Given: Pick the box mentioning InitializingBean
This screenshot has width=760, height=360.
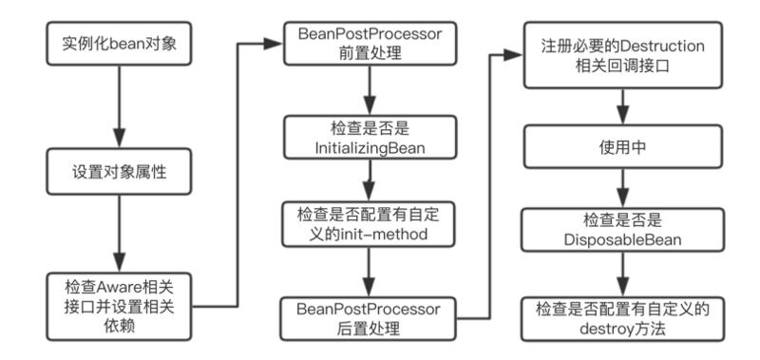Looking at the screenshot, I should tap(368, 139).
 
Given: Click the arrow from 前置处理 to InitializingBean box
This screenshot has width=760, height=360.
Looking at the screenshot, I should tap(368, 95).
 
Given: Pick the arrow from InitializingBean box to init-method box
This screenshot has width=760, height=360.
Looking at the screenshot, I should tap(368, 181).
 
